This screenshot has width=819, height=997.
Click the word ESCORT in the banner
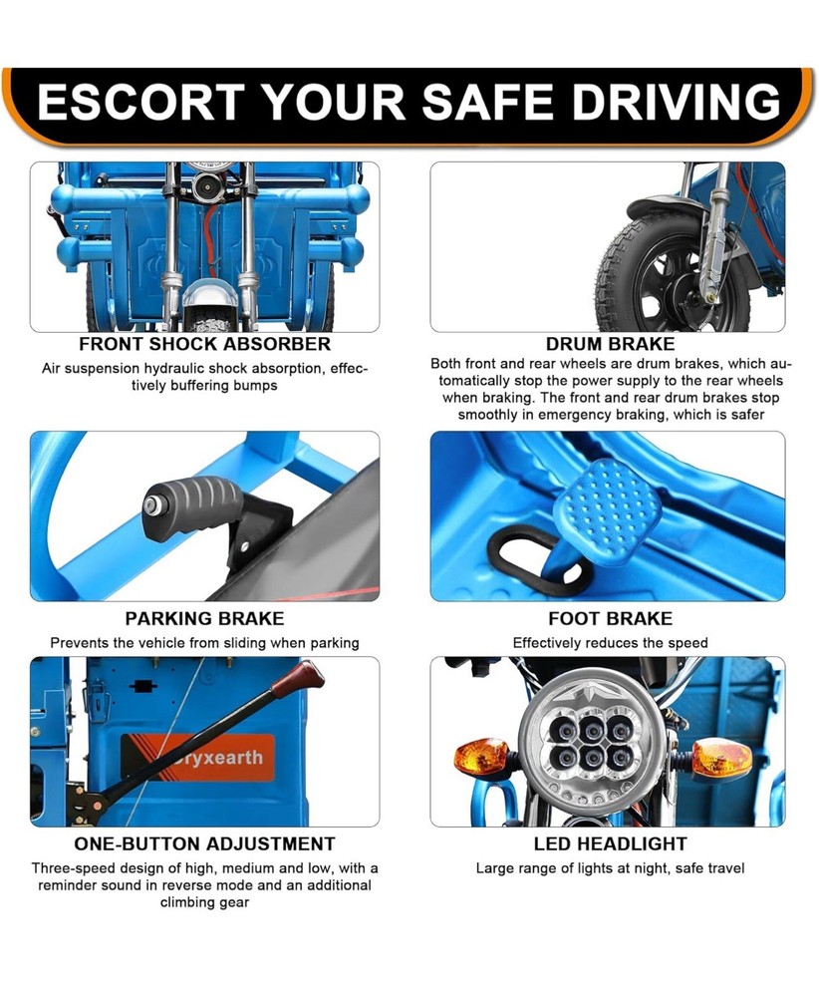[141, 102]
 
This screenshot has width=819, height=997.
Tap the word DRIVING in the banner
[677, 102]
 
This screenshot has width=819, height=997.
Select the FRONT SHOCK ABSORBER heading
[204, 344]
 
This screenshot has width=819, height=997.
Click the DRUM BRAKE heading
[610, 344]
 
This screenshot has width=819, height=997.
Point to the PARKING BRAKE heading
[204, 619]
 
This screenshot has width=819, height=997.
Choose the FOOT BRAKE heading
[610, 619]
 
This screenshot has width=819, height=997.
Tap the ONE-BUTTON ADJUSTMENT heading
[204, 843]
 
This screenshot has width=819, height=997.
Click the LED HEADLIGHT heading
[610, 843]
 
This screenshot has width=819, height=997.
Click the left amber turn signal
[481, 757]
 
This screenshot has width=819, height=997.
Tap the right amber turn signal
[721, 758]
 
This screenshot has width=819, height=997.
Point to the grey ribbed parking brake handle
[192, 508]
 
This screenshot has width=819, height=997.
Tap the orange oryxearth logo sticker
[197, 758]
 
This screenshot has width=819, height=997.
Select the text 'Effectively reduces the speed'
[610, 643]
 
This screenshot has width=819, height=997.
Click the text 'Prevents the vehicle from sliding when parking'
[204, 643]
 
